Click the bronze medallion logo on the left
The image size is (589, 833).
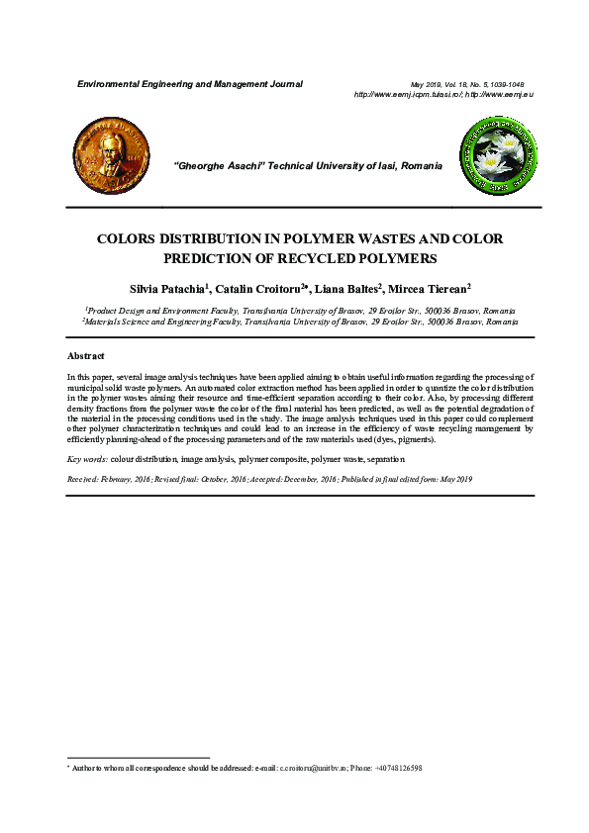tap(112, 151)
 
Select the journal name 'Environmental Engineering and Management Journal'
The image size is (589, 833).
tap(190, 84)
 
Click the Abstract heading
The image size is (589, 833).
tap(85, 355)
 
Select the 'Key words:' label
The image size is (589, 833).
tap(86, 460)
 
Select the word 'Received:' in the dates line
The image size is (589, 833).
tap(83, 479)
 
